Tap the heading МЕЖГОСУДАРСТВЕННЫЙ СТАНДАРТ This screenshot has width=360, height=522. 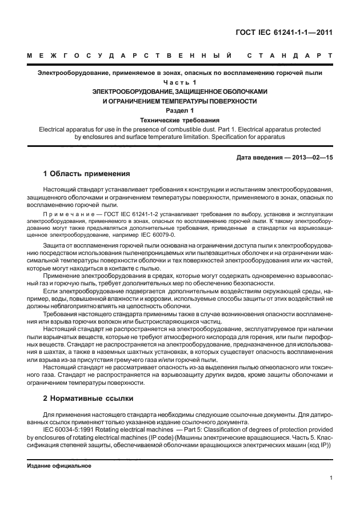tap(179, 56)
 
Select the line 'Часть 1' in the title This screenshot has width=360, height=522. tap(179, 82)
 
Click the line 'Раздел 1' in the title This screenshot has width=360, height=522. tap(179, 110)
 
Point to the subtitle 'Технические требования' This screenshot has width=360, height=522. tap(179, 120)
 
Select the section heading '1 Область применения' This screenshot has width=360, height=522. tap(87, 173)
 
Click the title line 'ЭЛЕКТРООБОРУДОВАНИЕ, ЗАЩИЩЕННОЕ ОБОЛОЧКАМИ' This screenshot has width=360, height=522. tap(179, 91)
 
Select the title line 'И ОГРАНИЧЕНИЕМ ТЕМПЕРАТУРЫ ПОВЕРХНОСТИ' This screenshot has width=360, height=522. tap(179, 101)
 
